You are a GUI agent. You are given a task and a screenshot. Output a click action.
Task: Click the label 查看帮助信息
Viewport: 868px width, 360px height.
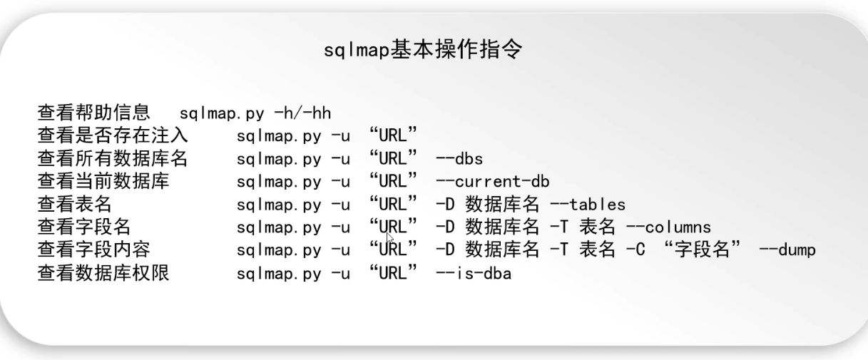[93, 113]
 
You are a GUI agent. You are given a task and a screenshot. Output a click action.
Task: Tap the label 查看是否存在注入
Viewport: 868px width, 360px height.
[112, 135]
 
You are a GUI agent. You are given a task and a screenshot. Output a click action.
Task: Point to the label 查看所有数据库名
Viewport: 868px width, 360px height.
[112, 158]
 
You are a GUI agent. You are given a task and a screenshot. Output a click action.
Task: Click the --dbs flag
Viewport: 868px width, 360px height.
[459, 158]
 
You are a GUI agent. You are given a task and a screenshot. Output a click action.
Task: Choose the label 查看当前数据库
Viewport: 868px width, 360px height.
[103, 181]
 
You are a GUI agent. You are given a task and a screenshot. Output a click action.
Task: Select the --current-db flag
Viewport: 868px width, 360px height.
[492, 181]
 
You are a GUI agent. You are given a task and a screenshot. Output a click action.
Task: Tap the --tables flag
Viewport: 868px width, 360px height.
[587, 205]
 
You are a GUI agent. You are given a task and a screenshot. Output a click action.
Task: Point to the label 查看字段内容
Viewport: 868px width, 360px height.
[93, 250]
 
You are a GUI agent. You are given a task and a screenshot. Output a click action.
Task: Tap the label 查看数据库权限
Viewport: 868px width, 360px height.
[103, 273]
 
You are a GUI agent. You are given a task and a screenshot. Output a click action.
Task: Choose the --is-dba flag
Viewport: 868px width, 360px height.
[473, 273]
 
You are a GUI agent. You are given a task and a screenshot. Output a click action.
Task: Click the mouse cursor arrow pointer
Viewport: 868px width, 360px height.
[389, 237]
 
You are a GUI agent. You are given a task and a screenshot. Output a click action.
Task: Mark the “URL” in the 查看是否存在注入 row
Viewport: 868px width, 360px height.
[393, 135]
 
